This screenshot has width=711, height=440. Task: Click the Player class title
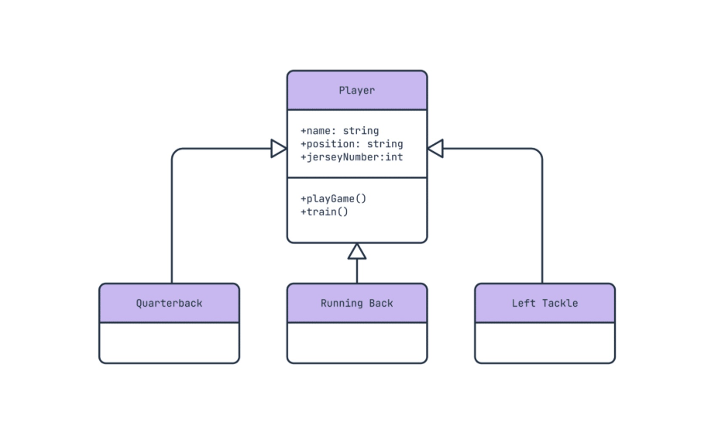tap(356, 91)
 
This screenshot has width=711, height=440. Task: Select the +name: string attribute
tap(339, 131)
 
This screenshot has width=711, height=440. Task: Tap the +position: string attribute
tap(352, 144)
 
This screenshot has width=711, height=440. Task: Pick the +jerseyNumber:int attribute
tap(352, 156)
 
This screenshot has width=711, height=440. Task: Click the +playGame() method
tap(333, 198)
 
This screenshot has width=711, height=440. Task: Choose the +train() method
tap(324, 211)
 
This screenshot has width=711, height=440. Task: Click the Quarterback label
tap(169, 303)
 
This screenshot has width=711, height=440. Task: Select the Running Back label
tap(356, 303)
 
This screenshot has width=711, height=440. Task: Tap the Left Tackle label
tap(544, 303)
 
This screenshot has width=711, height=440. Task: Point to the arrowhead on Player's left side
tap(278, 149)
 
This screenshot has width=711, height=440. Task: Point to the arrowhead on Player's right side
tap(435, 149)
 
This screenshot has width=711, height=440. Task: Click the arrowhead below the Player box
tap(356, 251)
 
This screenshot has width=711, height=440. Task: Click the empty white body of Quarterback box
tap(169, 342)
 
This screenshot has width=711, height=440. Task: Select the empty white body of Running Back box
tap(356, 342)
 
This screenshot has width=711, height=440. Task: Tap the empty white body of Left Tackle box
tap(544, 342)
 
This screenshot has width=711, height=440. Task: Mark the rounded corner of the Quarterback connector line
tap(175, 153)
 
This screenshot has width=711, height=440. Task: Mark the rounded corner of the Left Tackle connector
tap(538, 153)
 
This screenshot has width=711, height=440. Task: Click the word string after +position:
tap(384, 144)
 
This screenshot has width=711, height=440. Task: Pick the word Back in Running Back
tap(380, 303)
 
